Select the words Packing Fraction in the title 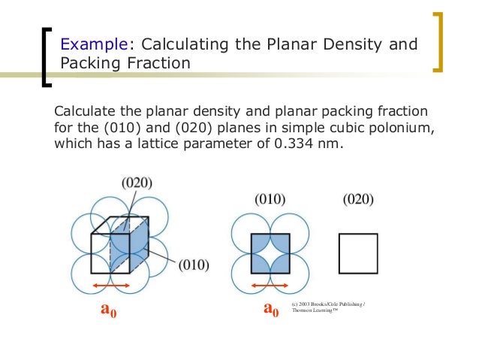click(x=125, y=63)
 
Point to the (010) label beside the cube click(x=193, y=265)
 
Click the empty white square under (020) click(x=358, y=253)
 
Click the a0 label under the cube click(x=109, y=309)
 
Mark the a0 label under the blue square click(x=271, y=309)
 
